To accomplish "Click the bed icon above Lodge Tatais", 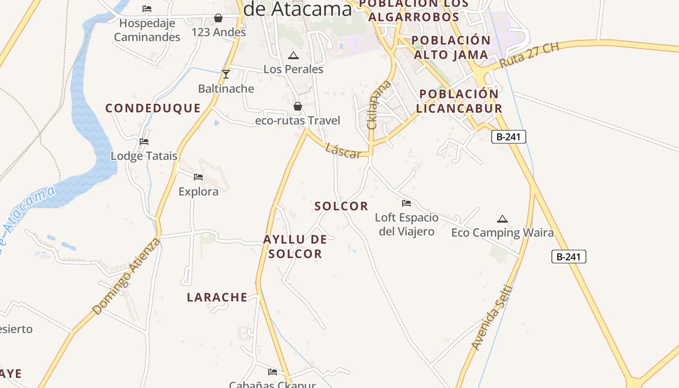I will pyautogui.click(x=144, y=142).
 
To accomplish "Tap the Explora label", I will pyautogui.click(x=198, y=192).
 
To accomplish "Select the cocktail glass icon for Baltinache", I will pyautogui.click(x=226, y=74).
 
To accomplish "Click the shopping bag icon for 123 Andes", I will pyautogui.click(x=218, y=18).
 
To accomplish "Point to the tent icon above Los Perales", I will pyautogui.click(x=293, y=56).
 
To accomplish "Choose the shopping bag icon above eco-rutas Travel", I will pyautogui.click(x=298, y=106).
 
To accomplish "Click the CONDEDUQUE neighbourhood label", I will pyautogui.click(x=153, y=108).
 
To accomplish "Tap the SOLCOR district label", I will pyautogui.click(x=341, y=206).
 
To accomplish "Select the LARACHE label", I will pyautogui.click(x=217, y=297).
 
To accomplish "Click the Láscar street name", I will pyautogui.click(x=343, y=151).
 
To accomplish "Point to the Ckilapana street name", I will pyautogui.click(x=373, y=105).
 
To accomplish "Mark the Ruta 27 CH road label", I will pyautogui.click(x=529, y=55).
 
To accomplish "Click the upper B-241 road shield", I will pyautogui.click(x=508, y=137).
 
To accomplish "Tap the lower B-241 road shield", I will pyautogui.click(x=568, y=257).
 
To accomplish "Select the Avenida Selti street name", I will pyautogui.click(x=492, y=317).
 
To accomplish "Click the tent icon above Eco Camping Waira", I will pyautogui.click(x=502, y=219).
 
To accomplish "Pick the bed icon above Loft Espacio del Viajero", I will pyautogui.click(x=406, y=203).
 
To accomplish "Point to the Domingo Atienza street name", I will pyautogui.click(x=126, y=276).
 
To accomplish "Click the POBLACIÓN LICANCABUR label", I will pyautogui.click(x=459, y=101).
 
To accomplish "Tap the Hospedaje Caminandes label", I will pyautogui.click(x=147, y=30).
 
